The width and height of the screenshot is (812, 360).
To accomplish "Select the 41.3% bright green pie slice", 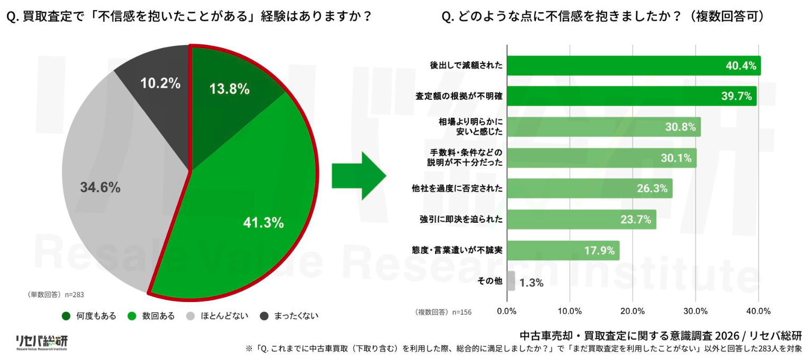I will [253, 211].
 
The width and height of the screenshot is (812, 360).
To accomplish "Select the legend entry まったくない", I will [290, 316].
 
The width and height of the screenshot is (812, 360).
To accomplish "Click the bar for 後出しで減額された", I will [634, 66].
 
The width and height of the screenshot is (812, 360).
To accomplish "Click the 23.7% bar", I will [581, 220].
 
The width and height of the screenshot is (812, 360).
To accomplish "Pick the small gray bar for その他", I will [511, 281].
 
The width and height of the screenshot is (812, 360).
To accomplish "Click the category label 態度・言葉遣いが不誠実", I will [457, 251].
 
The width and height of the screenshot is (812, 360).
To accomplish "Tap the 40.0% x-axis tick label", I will [758, 311].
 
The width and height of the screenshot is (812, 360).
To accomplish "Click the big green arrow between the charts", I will [359, 176].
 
